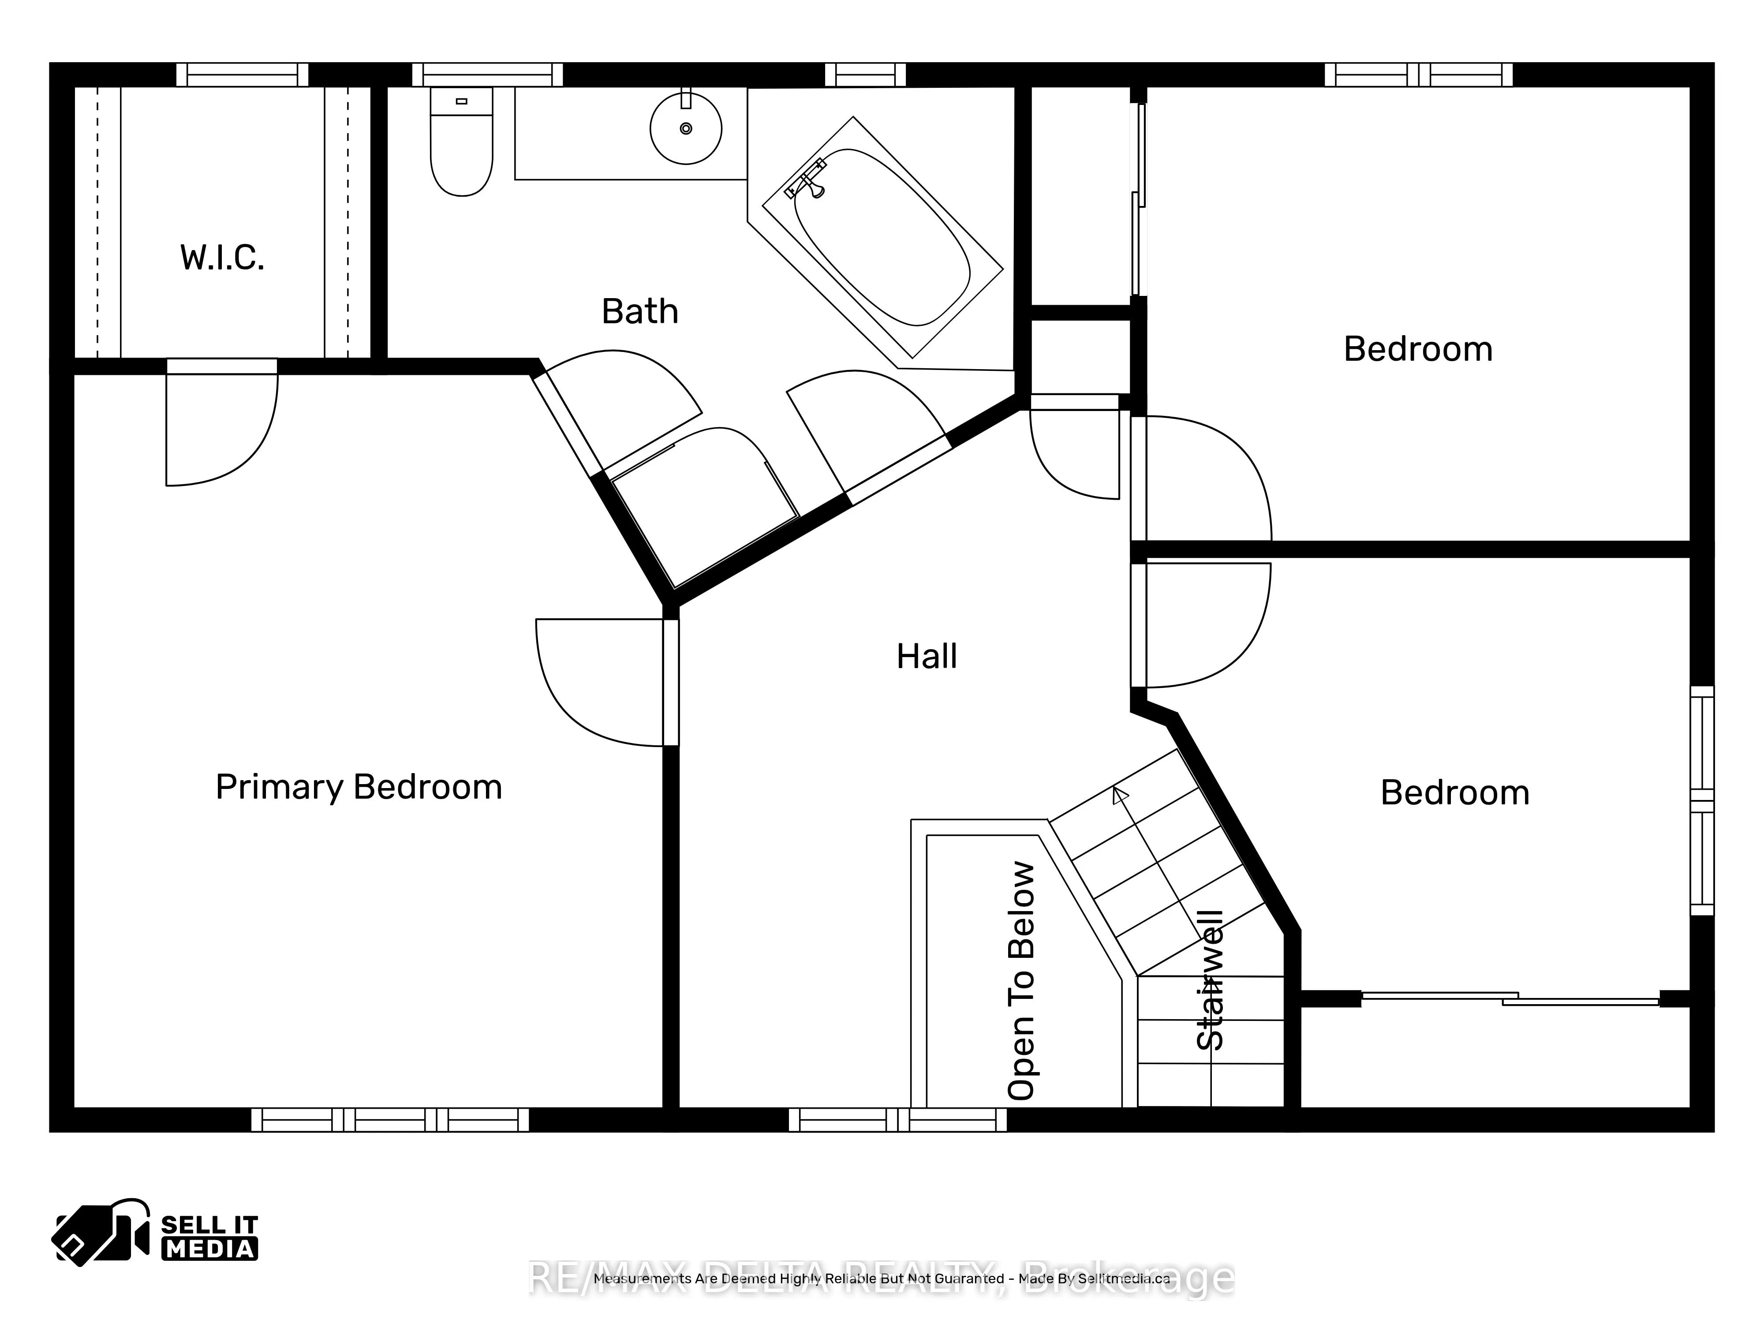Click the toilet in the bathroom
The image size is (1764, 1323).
click(461, 152)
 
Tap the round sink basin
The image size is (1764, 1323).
click(686, 128)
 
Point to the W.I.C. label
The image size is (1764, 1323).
click(222, 258)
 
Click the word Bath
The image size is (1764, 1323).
click(639, 311)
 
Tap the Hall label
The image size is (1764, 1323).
click(926, 656)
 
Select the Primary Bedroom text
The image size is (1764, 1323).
click(359, 787)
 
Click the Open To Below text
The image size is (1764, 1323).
click(1021, 981)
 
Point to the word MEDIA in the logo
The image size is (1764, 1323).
click(210, 1249)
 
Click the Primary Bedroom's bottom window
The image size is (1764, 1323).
click(390, 1120)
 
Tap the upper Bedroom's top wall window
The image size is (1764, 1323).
click(1418, 75)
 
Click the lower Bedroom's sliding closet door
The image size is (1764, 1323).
click(1511, 998)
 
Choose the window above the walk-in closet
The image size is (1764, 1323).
click(242, 75)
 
